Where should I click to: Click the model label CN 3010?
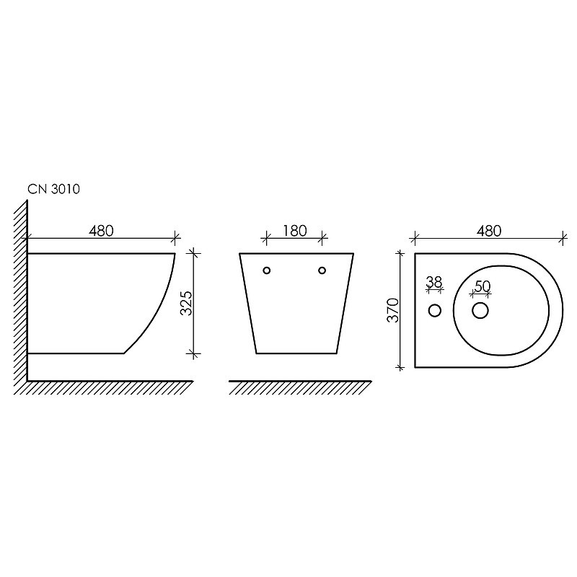53,189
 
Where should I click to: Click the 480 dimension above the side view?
101,231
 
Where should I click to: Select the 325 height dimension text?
187,303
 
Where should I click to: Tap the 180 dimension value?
295,231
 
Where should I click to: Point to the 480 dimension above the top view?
489,231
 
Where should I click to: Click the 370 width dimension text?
393,310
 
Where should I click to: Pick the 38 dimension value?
434,282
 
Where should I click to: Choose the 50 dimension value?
483,286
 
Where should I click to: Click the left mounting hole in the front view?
267,270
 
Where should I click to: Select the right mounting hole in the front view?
322,270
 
